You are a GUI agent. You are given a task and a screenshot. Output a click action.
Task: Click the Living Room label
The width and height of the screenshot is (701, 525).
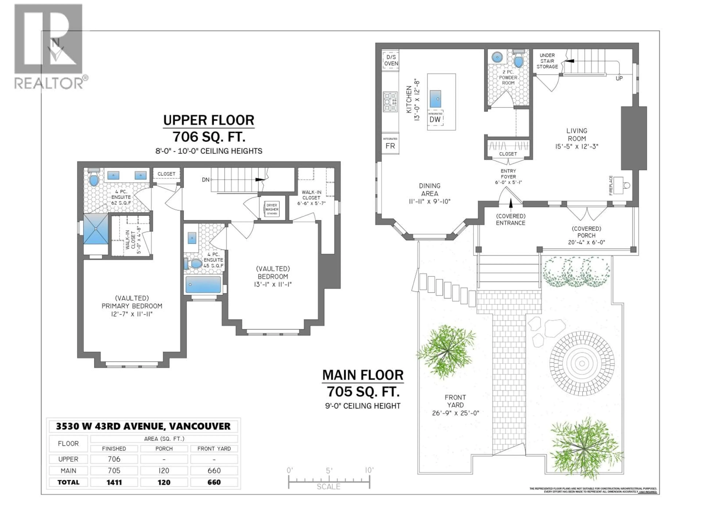pyautogui.click(x=576, y=135)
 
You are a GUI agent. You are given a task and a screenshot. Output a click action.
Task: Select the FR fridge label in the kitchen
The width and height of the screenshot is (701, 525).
pyautogui.click(x=390, y=146)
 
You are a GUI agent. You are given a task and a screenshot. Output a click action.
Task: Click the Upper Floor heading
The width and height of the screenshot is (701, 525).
pyautogui.click(x=208, y=120)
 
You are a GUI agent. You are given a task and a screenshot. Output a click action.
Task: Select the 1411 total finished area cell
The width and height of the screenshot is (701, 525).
pyautogui.click(x=114, y=482)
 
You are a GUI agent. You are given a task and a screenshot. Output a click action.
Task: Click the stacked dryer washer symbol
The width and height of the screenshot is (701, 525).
pyautogui.click(x=272, y=209)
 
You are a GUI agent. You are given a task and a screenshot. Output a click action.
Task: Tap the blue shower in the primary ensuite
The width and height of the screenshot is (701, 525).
pyautogui.click(x=96, y=229)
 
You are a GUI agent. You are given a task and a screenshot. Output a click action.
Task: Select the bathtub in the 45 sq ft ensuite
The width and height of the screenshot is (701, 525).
pyautogui.click(x=203, y=285)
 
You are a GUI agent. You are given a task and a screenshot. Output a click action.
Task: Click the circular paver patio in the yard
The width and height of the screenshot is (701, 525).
pyautogui.click(x=582, y=363)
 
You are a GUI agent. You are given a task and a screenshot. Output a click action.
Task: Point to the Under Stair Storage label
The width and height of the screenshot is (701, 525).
pyautogui.click(x=547, y=61)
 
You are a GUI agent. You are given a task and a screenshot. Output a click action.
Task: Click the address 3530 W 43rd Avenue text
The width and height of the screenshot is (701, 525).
pyautogui.click(x=143, y=426)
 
